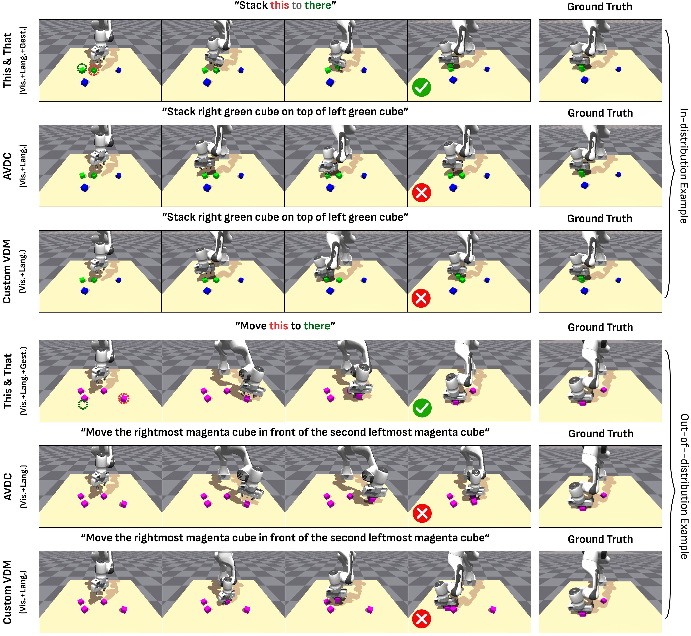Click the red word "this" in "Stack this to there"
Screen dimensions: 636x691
coord(279,6)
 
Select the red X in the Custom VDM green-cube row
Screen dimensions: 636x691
coord(421,298)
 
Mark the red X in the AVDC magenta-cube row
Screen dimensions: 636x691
coord(422,514)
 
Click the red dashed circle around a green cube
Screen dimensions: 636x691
coord(94,70)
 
